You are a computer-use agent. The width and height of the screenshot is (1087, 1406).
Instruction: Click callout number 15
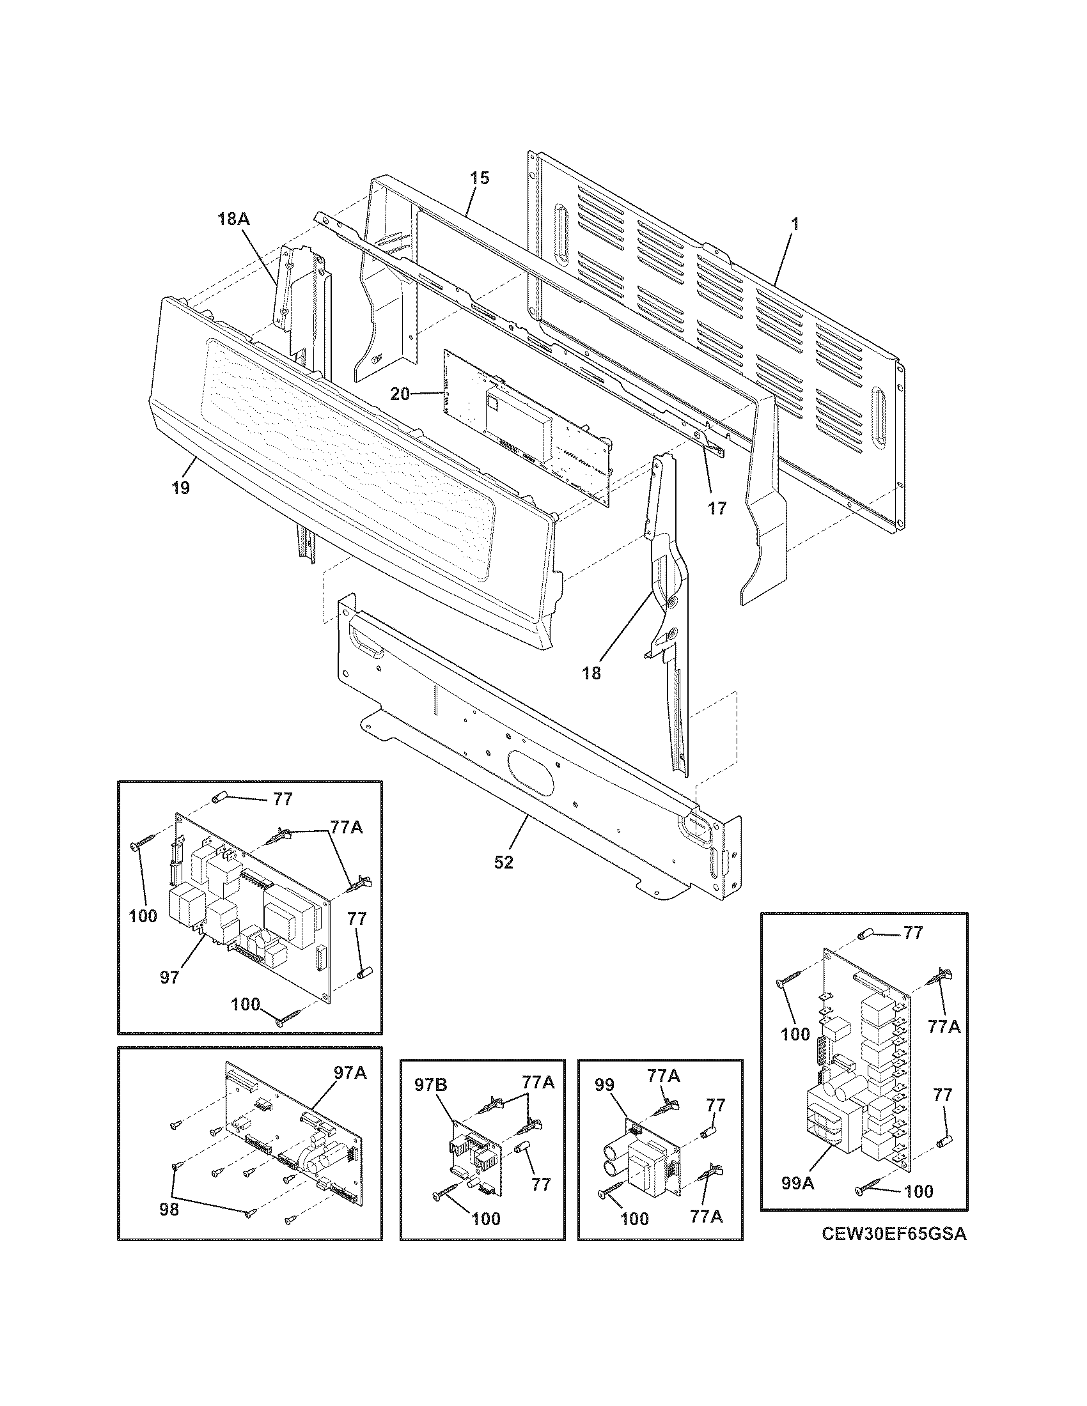479,178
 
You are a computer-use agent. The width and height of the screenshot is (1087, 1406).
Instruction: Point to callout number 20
400,393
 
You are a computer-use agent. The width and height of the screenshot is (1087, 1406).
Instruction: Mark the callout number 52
504,862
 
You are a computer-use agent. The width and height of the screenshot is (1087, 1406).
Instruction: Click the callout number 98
169,1210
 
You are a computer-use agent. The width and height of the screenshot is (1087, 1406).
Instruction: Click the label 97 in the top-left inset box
170,978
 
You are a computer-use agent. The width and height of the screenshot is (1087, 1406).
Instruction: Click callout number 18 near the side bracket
591,673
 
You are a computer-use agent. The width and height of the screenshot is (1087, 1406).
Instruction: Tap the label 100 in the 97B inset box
486,1219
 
